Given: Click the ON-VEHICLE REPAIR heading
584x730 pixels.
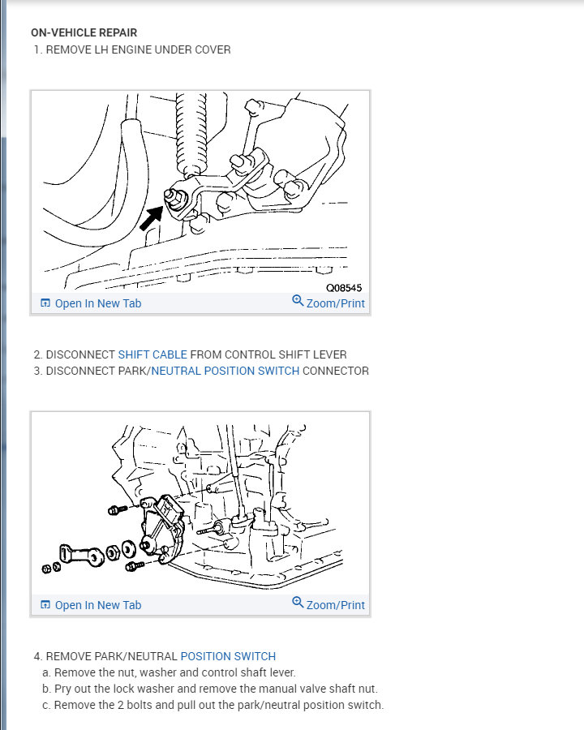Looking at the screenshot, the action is click(84, 32).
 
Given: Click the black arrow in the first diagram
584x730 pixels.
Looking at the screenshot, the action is click(151, 218).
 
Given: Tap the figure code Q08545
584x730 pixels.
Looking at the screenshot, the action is click(344, 288).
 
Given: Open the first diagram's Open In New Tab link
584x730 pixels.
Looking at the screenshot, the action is click(91, 303).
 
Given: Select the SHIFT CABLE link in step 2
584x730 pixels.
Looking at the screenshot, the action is click(152, 354).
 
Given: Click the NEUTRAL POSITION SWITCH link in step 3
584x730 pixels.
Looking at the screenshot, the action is click(225, 371).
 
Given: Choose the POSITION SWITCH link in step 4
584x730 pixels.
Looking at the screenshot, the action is click(228, 656).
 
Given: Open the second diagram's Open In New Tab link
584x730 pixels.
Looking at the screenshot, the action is click(91, 605).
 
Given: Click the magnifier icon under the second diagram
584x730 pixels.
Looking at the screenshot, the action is click(298, 602).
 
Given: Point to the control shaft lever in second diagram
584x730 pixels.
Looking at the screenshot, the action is click(81, 556).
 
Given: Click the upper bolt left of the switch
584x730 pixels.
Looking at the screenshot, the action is click(118, 509).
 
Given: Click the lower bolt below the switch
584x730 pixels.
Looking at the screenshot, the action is click(135, 566).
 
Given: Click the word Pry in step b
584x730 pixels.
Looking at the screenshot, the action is click(63, 689).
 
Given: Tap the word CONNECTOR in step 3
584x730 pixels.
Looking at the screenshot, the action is click(335, 371).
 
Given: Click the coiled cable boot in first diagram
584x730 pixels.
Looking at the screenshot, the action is click(191, 133).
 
